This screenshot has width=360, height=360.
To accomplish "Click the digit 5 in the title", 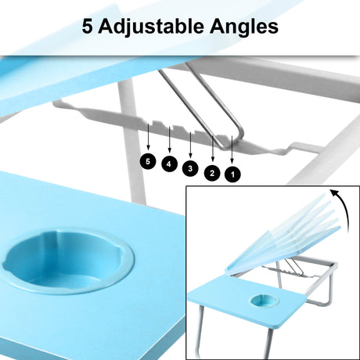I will [x=90, y=27].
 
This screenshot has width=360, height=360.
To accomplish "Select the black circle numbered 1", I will [x=232, y=175].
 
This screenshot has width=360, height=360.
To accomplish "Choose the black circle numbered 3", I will [x=190, y=167].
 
